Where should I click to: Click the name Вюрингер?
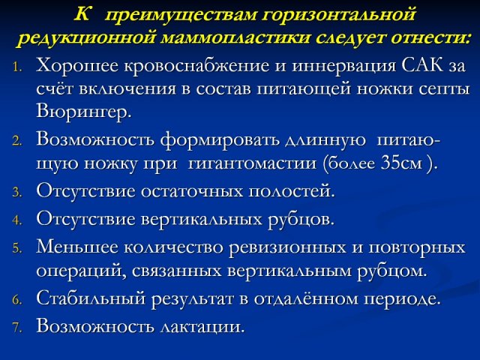[83, 112]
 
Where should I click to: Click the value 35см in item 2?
[402, 163]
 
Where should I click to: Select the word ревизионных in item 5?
[287, 247]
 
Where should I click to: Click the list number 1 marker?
[17, 67]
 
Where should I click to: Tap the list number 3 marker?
[17, 193]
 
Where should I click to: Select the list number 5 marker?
[17, 249]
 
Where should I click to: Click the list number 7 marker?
[17, 328]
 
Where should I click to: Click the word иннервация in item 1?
[343, 66]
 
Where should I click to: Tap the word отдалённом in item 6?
[305, 298]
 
